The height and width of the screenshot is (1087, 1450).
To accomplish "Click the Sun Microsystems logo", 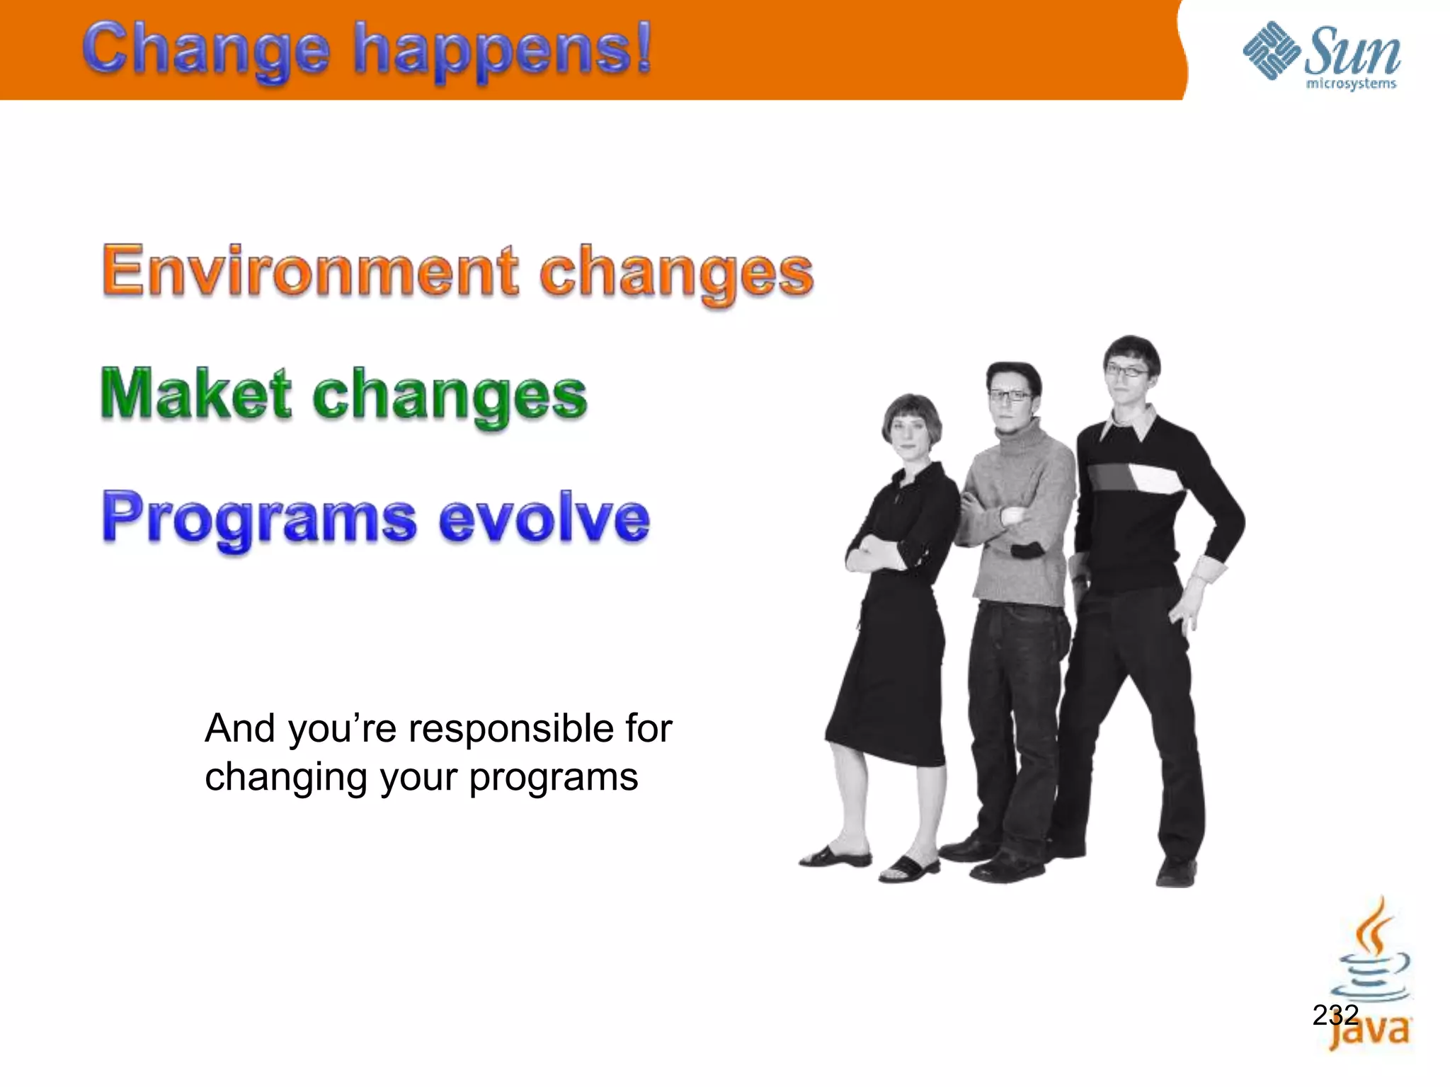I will pos(1321,57).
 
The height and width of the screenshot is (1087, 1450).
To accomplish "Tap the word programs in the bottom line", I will pos(553,777).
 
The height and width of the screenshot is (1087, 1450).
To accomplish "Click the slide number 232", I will pos(1335,1015).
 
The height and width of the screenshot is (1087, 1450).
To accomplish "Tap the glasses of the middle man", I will pos(1010,396).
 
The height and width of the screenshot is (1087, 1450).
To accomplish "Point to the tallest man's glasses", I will pos(1127,370).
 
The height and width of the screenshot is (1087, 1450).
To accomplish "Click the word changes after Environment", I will pos(675,272).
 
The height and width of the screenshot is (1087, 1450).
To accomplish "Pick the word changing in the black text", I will pos(287,777).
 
